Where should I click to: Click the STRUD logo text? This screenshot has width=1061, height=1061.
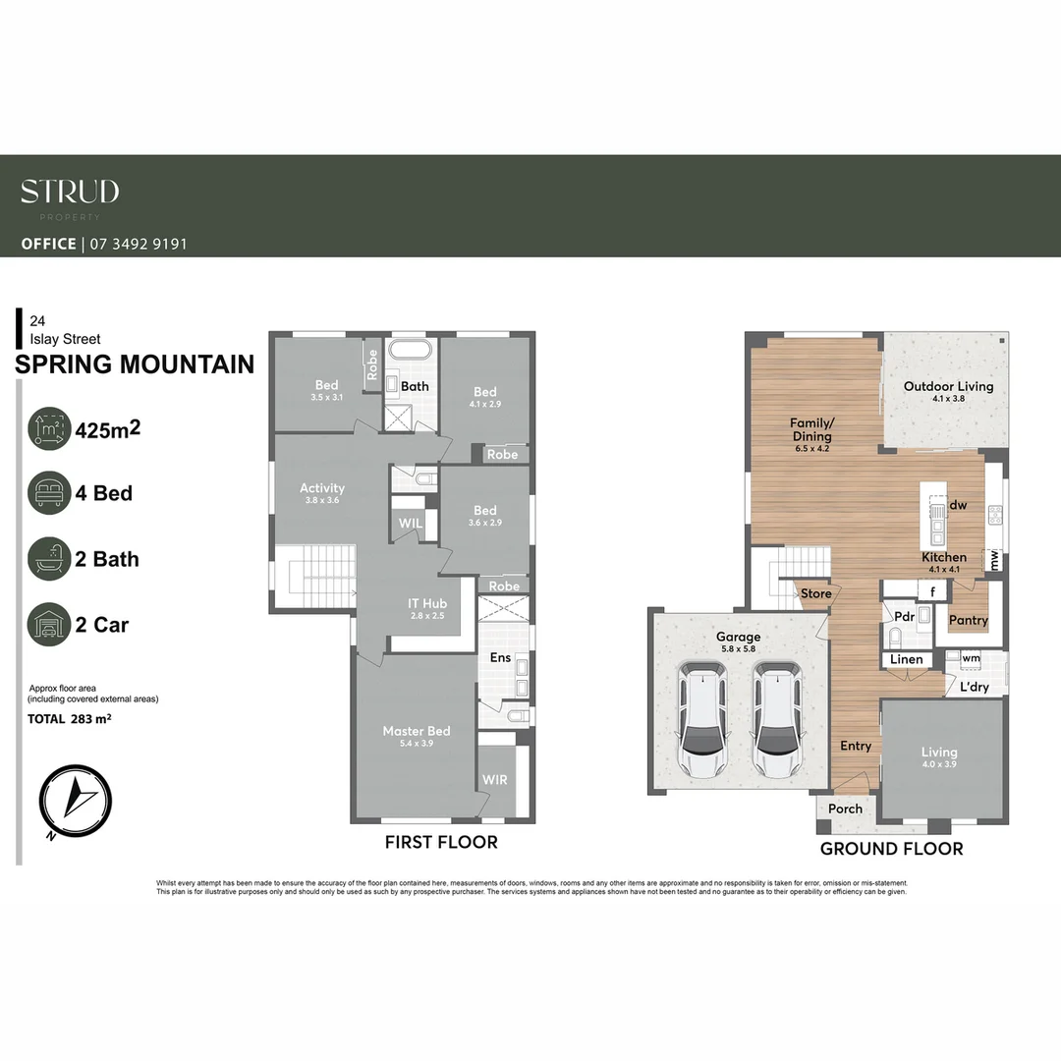tap(70, 192)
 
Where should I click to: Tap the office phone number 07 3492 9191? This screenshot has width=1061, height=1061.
tap(139, 244)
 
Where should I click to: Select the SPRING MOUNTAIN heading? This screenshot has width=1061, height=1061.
tap(135, 364)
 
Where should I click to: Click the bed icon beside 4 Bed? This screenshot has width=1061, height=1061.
tap(49, 492)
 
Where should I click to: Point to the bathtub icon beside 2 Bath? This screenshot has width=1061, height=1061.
tap(49, 558)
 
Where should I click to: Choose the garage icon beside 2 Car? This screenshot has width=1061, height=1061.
tap(49, 624)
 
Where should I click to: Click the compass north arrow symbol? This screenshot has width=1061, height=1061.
tap(76, 796)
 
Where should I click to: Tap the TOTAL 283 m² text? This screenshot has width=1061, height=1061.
tap(68, 719)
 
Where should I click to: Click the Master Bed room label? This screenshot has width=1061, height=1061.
tap(416, 731)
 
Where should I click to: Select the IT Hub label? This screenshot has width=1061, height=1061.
tap(427, 603)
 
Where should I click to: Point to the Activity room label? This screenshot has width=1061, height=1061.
tap(322, 488)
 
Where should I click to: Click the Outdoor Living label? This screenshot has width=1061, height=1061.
tap(948, 386)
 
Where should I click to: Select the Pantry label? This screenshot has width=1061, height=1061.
tap(968, 620)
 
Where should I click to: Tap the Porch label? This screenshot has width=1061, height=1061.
tap(845, 809)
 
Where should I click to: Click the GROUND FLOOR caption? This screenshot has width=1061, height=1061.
tap(891, 848)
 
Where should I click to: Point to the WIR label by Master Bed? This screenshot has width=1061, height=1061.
tap(494, 780)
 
